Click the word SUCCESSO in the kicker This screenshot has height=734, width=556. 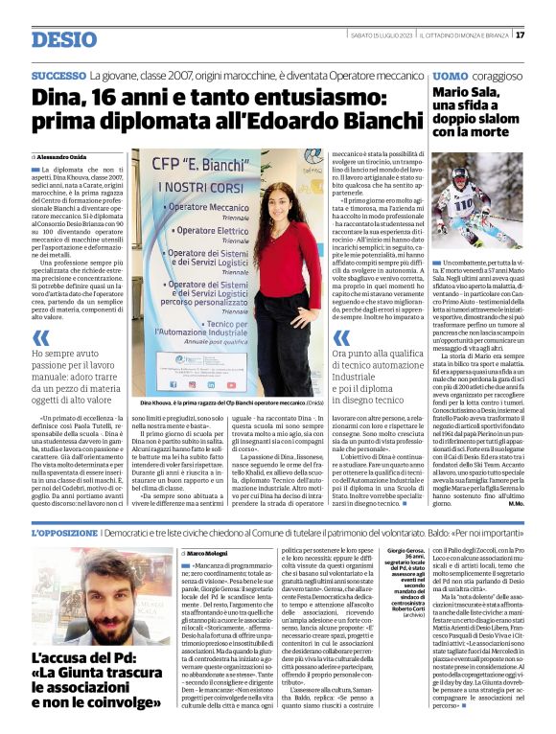coord(58,75)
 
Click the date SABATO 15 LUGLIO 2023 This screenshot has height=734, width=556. coord(382,35)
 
